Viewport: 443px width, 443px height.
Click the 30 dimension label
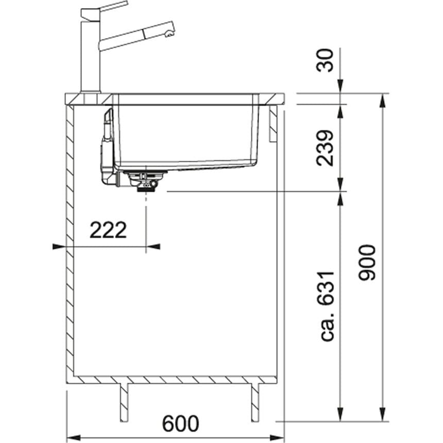click(325, 60)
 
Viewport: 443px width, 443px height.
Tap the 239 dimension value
click(325, 148)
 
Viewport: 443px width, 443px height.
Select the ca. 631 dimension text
click(328, 306)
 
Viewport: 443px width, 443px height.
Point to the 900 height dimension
click(367, 263)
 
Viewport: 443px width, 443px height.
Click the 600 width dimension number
click(180, 423)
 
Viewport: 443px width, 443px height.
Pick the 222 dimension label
click(108, 230)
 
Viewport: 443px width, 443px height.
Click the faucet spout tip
click(168, 34)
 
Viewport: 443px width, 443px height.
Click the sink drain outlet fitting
click(146, 182)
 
